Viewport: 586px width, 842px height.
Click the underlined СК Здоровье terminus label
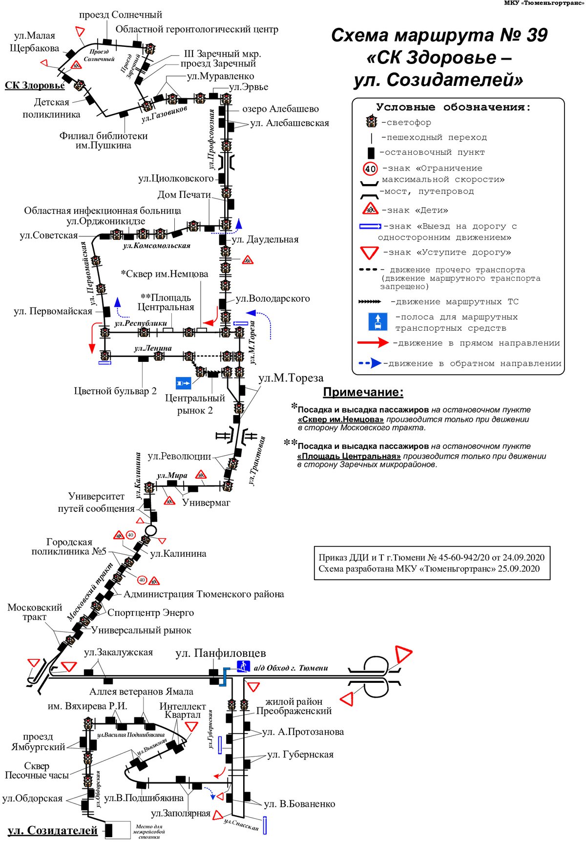pyautogui.click(x=35, y=85)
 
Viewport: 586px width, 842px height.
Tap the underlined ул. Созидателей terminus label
pyautogui.click(x=53, y=830)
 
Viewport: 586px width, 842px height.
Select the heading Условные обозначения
pyautogui.click(x=453, y=107)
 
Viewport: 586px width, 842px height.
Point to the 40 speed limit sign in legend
pyautogui.click(x=371, y=169)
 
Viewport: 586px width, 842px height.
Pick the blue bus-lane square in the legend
pyautogui.click(x=377, y=322)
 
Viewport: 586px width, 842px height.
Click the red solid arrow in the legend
pyautogui.click(x=374, y=343)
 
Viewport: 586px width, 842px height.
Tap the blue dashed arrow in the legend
pyautogui.click(x=370, y=363)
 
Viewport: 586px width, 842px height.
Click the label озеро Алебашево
pyautogui.click(x=280, y=109)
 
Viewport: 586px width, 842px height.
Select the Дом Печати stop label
pyautogui.click(x=184, y=195)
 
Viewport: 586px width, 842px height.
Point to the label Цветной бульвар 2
pyautogui.click(x=115, y=391)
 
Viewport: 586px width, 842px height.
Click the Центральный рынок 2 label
pyautogui.click(x=195, y=404)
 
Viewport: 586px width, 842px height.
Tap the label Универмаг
pyautogui.click(x=206, y=503)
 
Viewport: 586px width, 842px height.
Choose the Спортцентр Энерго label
pyautogui.click(x=150, y=612)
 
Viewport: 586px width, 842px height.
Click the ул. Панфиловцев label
pyautogui.click(x=221, y=653)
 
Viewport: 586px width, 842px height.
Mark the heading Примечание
pyautogui.click(x=363, y=392)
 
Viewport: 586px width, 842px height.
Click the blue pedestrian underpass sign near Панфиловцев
pyautogui.click(x=243, y=666)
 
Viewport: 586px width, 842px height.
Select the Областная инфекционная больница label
pyautogui.click(x=103, y=210)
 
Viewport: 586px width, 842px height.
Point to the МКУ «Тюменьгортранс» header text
pyautogui.click(x=544, y=3)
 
